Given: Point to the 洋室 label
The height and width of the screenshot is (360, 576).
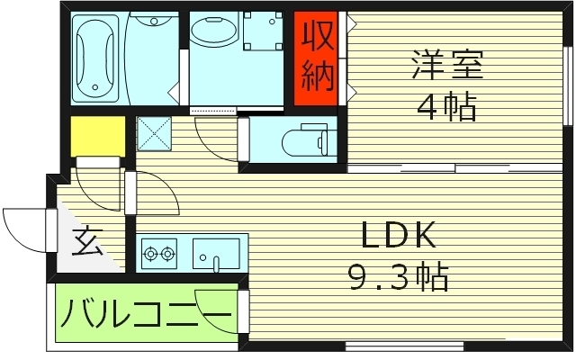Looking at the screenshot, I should point(447,65).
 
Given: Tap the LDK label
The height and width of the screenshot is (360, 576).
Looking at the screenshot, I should point(399,236).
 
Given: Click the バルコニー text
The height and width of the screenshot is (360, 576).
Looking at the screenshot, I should point(143,314).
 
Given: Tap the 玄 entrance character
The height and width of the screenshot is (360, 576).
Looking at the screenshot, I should point(85,242).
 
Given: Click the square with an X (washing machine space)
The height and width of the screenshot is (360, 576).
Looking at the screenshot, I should point(154,133).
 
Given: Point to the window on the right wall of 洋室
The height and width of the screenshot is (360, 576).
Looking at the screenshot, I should point(569,85).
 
